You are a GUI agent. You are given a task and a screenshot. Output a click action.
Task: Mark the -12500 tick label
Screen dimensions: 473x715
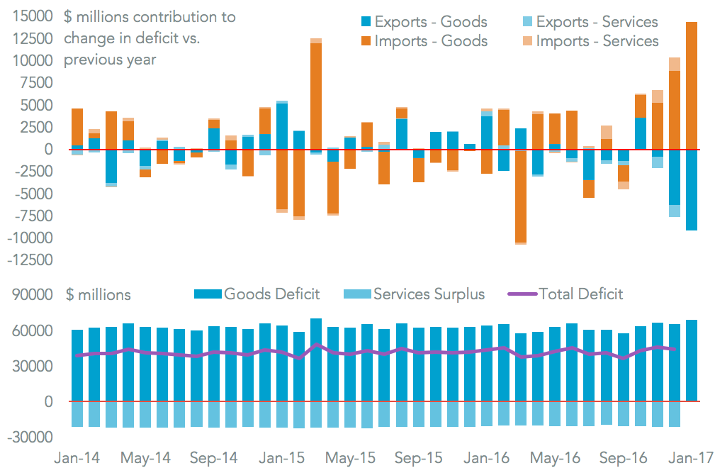28,260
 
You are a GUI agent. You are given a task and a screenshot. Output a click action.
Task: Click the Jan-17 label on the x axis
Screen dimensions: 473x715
691,458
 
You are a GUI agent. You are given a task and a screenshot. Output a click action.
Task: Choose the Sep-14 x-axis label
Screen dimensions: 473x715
215,458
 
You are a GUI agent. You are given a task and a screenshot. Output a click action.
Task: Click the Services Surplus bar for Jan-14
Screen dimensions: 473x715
77,414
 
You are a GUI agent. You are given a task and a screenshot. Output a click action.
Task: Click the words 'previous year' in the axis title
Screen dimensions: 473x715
110,60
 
